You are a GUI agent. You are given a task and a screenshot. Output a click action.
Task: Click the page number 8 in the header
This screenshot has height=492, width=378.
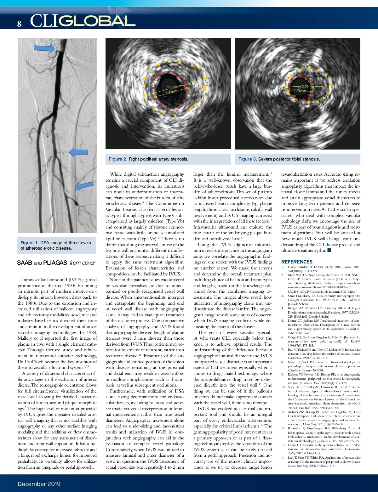19,24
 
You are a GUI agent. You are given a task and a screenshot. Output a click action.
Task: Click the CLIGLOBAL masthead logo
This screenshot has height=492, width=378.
83,21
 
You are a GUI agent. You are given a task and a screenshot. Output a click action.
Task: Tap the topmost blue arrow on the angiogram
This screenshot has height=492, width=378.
44,48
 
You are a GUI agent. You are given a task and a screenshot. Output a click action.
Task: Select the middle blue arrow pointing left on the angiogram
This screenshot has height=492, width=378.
78,152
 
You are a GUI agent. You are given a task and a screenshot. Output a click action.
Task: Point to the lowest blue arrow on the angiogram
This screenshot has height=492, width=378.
84,186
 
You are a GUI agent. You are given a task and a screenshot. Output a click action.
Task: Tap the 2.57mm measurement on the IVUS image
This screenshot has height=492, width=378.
171,92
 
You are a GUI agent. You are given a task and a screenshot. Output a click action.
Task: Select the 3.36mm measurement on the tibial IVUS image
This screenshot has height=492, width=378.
307,86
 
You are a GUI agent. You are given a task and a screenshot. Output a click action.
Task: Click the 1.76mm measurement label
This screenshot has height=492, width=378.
300,91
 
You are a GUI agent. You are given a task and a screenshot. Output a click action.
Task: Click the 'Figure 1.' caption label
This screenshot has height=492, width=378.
30,243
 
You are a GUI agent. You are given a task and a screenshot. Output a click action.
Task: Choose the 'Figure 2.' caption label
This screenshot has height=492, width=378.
118,159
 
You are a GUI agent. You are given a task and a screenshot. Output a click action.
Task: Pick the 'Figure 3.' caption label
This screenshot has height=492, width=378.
248,159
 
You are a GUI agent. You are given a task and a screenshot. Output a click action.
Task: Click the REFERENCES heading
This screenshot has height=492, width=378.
297,262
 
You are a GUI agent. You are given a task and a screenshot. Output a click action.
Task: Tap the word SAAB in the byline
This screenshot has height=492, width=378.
25,263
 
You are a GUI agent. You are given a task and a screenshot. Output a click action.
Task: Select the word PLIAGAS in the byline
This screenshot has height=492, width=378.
55,263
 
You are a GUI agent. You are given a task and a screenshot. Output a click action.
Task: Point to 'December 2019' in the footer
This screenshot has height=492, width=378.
39,484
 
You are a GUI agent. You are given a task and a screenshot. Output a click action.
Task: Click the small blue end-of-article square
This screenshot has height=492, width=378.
329,250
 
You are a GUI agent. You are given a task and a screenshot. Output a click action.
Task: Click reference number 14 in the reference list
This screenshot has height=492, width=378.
283,458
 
